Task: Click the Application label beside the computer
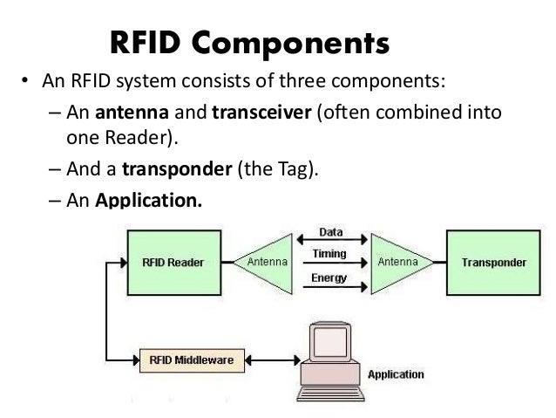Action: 397,375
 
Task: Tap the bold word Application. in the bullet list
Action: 147,200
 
